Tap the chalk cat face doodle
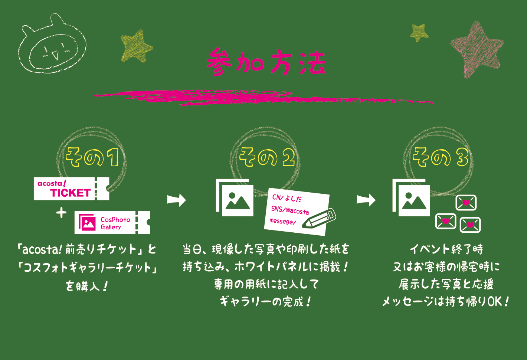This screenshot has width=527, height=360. click(x=52, y=43)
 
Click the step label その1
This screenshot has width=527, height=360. click(x=92, y=157)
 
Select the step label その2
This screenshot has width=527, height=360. click(x=267, y=157)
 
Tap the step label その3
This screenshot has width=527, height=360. click(x=441, y=157)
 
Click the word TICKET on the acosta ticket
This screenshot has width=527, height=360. click(x=71, y=193)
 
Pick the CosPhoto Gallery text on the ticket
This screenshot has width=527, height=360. click(x=115, y=223)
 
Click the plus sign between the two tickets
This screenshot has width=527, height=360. click(x=61, y=213)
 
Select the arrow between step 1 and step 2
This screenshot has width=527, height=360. click(x=176, y=200)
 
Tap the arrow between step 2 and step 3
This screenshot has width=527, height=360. click(x=366, y=200)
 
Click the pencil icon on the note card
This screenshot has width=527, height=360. click(x=319, y=218)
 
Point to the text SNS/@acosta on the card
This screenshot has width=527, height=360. click(x=290, y=210)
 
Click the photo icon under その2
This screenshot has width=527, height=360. click(x=235, y=198)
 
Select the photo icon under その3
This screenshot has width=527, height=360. click(x=411, y=198)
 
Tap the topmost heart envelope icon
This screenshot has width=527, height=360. click(x=466, y=203)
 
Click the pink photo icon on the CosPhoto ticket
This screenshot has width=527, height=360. click(x=87, y=222)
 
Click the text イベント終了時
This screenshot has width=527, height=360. click(x=446, y=249)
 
